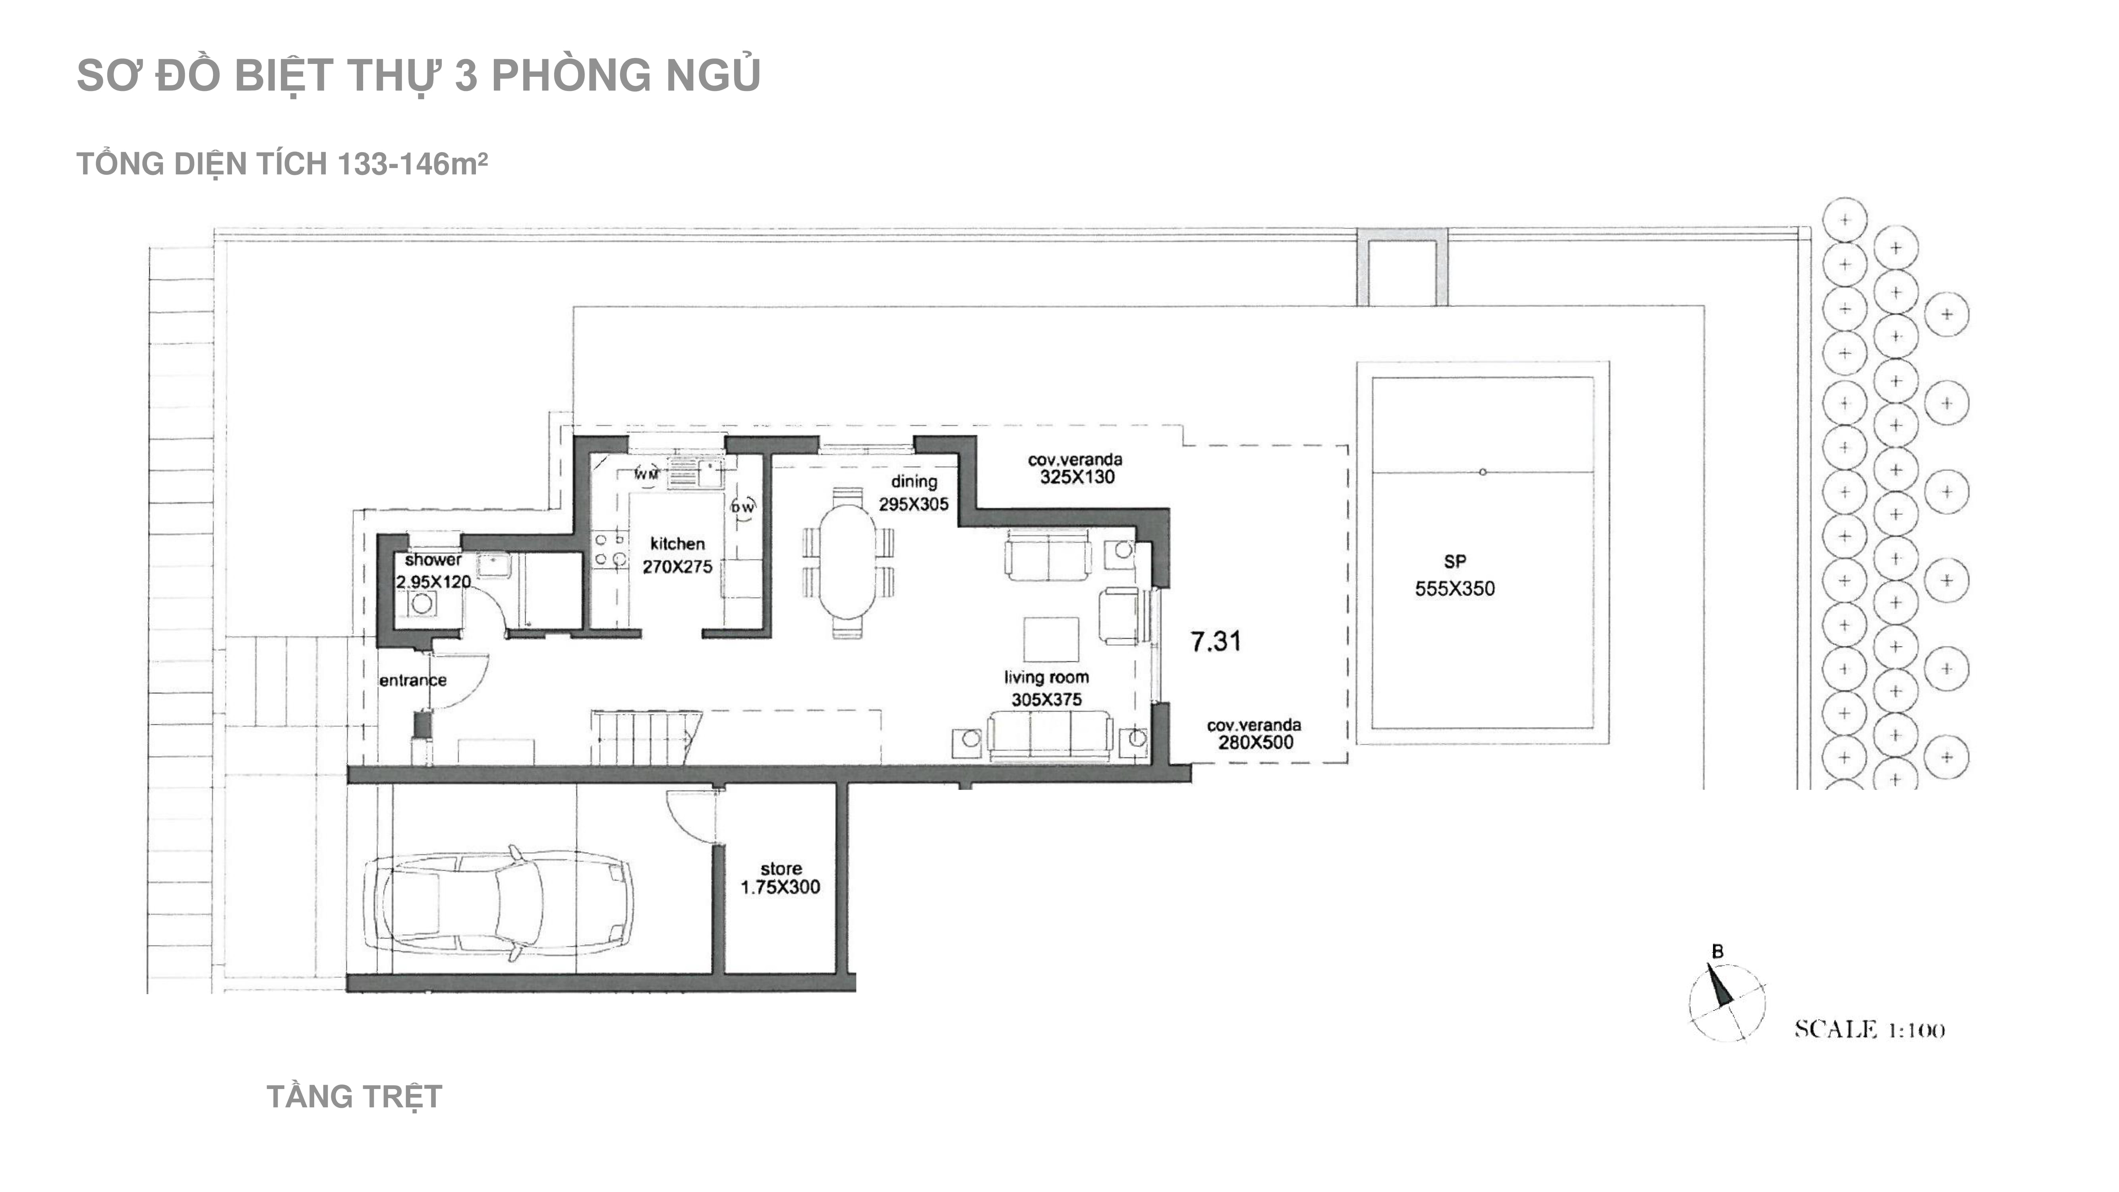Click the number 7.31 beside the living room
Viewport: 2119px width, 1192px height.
tap(1216, 641)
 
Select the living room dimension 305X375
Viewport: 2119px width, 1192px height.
tap(1046, 699)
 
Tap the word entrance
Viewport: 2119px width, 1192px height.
tap(413, 680)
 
